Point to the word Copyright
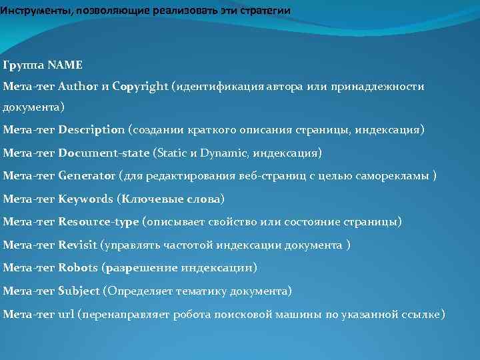click(x=140, y=86)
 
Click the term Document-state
click(x=103, y=153)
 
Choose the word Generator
click(x=87, y=176)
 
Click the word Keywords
click(x=85, y=199)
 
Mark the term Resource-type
click(x=98, y=221)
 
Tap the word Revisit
click(x=77, y=245)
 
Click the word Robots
click(x=78, y=267)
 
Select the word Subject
click(x=79, y=291)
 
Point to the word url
click(x=66, y=314)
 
